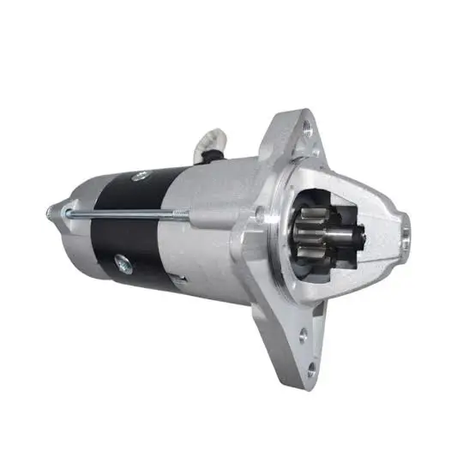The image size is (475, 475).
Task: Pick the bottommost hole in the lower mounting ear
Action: pyautogui.click(x=309, y=370)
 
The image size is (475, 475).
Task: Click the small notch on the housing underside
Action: pyautogui.click(x=178, y=280)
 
